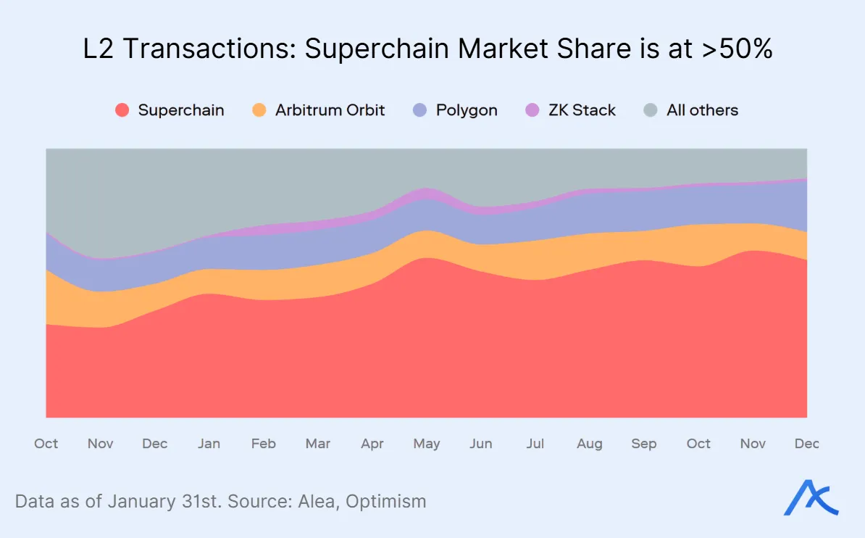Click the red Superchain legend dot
(x=122, y=110)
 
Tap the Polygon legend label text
(x=466, y=110)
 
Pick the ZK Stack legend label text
(x=582, y=110)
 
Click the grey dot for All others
(x=651, y=110)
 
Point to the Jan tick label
(x=209, y=444)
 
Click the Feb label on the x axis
(x=263, y=444)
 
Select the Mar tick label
(x=318, y=444)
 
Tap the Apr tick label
(x=372, y=444)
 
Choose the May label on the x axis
(x=427, y=444)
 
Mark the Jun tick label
(x=481, y=444)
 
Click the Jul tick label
(x=535, y=444)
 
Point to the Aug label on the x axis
(x=590, y=444)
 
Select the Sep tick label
(x=644, y=444)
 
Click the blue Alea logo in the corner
(x=811, y=499)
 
